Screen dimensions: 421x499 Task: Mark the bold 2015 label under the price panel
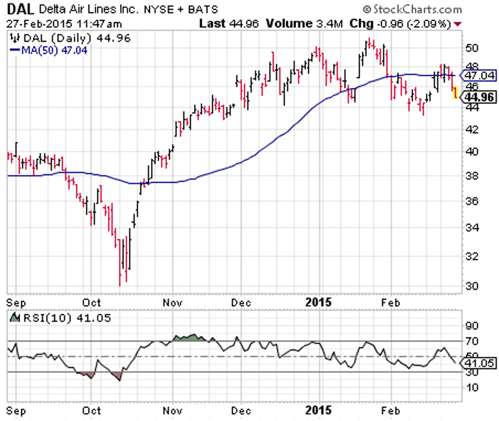pyautogui.click(x=319, y=303)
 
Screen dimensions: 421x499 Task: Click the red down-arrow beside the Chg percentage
pyautogui.click(x=458, y=24)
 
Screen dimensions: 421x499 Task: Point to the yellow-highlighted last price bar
pyautogui.click(x=455, y=93)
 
